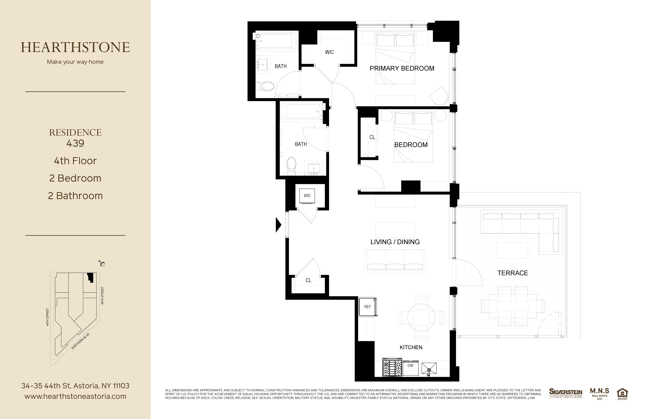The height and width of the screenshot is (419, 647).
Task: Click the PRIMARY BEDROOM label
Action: pos(402,68)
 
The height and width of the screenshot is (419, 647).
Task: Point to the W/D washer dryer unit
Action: pos(307,196)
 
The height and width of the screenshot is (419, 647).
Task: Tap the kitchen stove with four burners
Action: pos(392,367)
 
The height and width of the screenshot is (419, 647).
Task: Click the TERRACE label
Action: pos(512,273)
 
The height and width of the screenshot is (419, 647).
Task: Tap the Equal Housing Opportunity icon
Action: pos(622,394)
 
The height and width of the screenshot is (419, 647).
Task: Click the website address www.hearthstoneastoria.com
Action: pos(75,396)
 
